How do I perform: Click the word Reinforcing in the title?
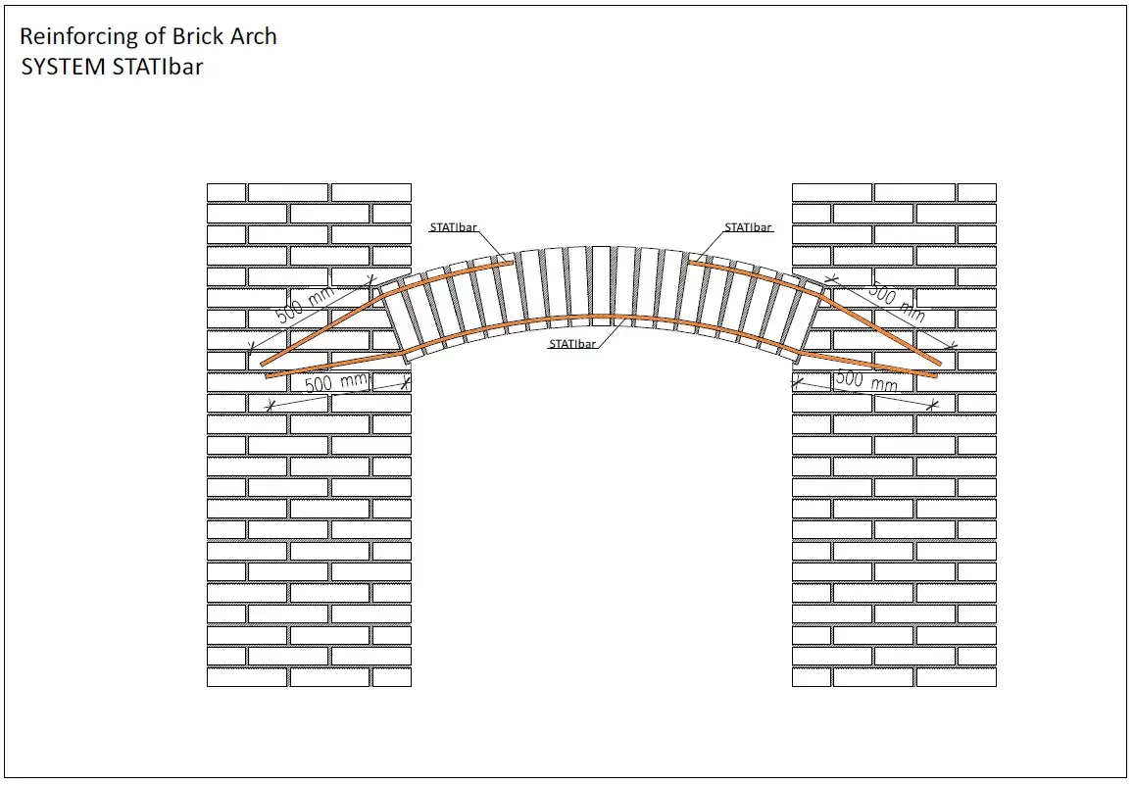point(78,37)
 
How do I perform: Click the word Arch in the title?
point(253,37)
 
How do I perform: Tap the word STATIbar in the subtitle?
point(158,68)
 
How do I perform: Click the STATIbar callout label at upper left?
point(453,227)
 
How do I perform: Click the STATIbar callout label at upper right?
point(748,227)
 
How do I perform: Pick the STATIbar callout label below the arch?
point(572,344)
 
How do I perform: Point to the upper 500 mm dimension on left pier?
point(305,305)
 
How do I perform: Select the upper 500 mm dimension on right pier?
point(896,303)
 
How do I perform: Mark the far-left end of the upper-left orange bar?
point(263,364)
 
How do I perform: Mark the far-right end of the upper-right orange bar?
point(939,363)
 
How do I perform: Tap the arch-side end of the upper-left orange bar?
point(512,261)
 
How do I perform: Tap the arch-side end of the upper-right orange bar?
point(689,261)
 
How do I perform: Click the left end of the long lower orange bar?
point(266,375)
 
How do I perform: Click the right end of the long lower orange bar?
point(936,374)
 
